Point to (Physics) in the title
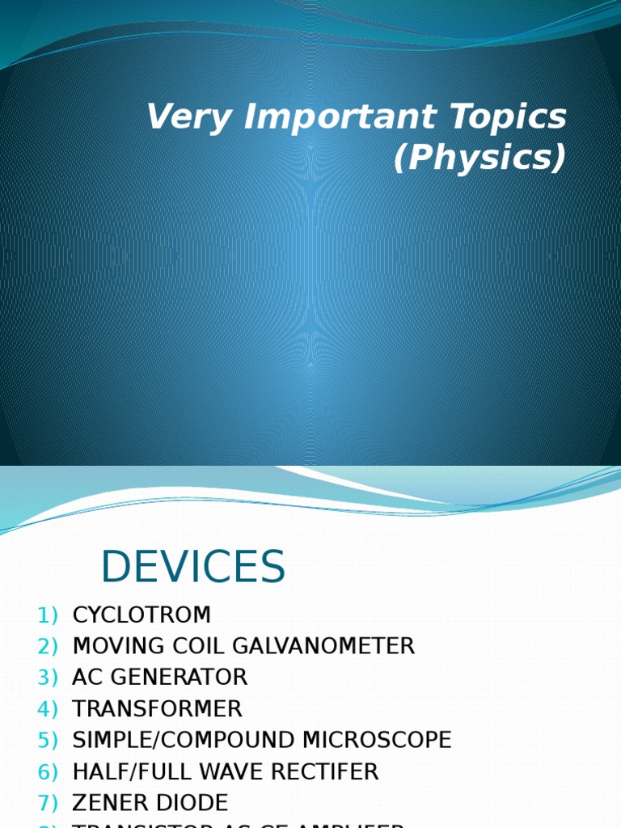coord(479,158)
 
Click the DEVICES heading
coord(193,567)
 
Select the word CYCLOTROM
coord(142,615)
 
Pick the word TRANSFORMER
coord(157,709)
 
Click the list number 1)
coord(48,615)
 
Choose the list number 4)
coord(48,709)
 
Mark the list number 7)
coord(48,803)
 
